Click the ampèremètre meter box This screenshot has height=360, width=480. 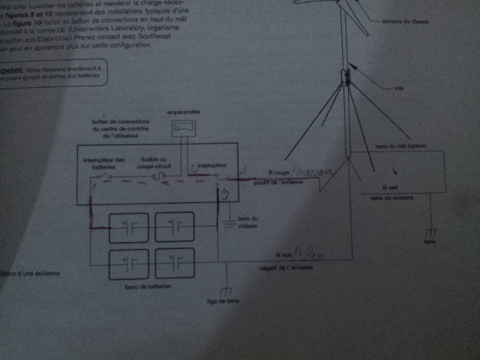184,129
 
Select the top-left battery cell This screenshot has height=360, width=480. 129,226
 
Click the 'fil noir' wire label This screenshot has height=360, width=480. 283,255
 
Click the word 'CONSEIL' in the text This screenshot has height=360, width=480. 16,67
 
